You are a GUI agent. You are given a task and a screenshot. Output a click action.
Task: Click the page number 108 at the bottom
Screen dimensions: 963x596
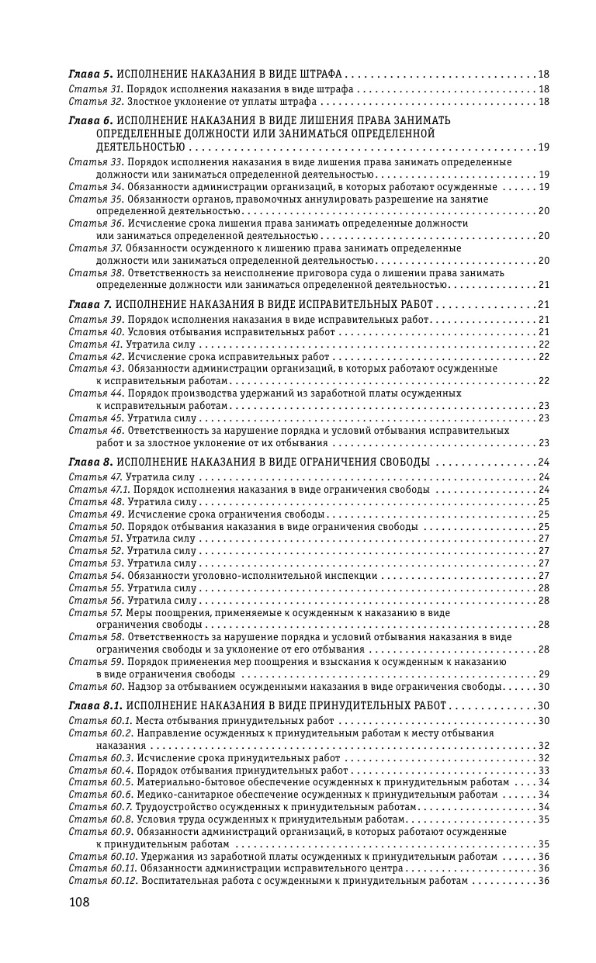click(79, 902)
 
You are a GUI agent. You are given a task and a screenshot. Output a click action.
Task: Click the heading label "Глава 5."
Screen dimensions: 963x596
click(91, 74)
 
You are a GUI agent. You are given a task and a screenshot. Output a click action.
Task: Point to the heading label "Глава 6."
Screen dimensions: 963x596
click(91, 121)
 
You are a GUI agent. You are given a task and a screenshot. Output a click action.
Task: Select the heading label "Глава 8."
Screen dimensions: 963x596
click(91, 462)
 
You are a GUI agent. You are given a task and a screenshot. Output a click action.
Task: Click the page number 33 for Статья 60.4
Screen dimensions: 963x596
click(543, 771)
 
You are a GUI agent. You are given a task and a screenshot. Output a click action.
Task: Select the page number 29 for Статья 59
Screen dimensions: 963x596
click(543, 674)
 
